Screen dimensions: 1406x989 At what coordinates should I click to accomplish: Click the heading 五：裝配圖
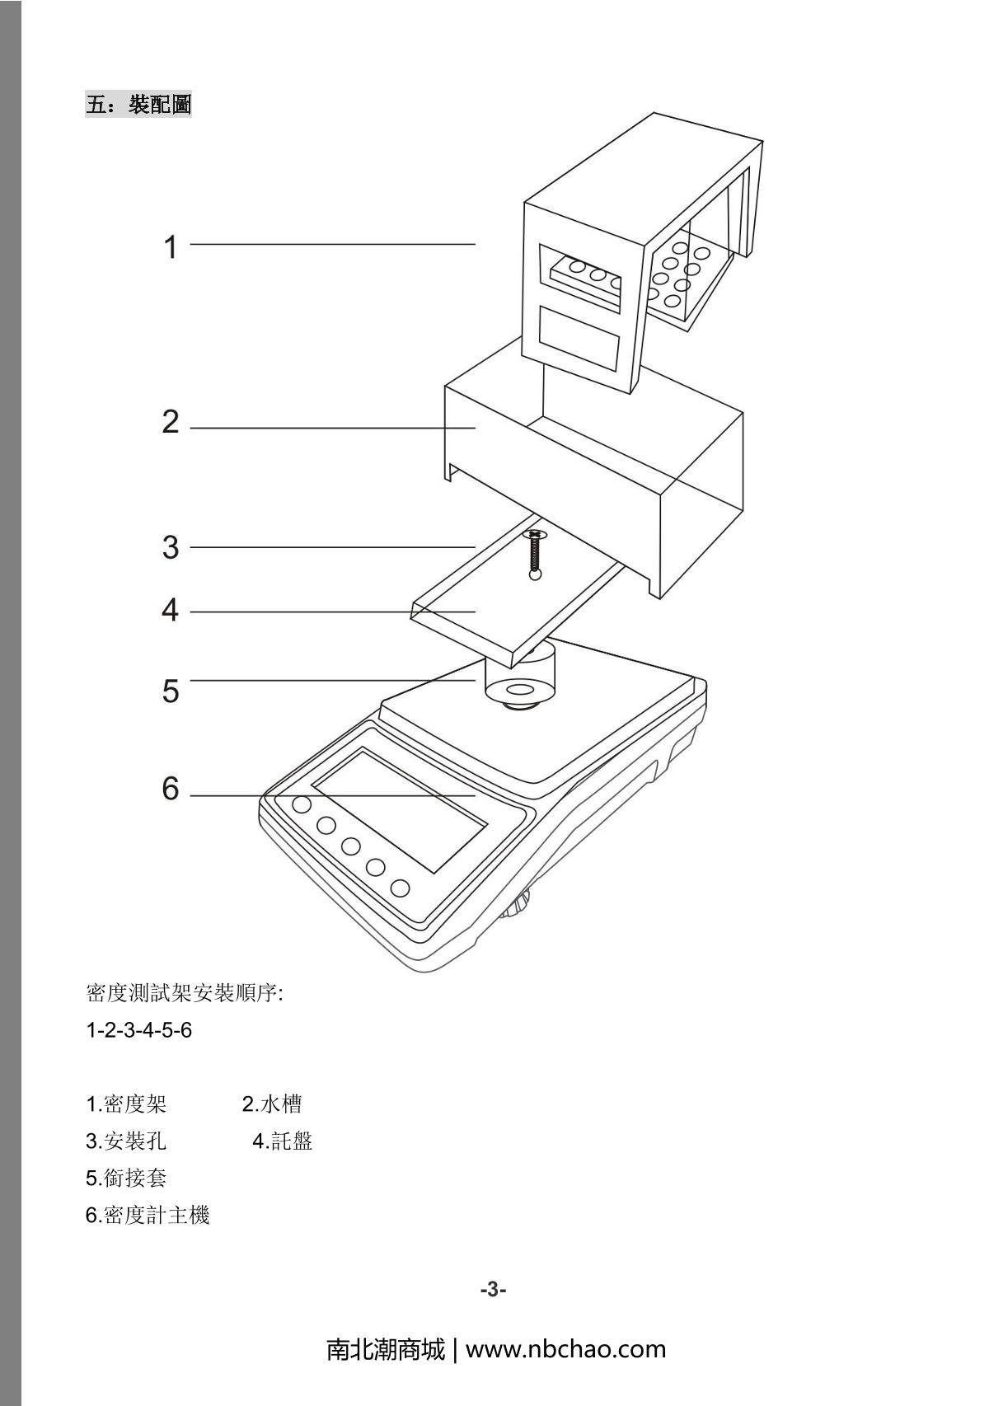point(138,105)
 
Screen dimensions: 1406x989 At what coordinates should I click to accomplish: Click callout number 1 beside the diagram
point(171,246)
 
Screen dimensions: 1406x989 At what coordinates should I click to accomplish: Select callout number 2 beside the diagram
point(171,422)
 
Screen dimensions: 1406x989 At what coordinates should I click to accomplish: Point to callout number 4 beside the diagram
point(171,611)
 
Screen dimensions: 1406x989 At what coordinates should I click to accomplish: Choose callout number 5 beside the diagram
point(171,691)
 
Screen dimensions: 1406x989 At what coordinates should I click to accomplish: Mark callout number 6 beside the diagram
point(171,790)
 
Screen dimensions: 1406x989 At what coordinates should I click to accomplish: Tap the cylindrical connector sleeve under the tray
point(521,681)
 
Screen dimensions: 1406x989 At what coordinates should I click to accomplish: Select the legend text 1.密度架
point(126,1104)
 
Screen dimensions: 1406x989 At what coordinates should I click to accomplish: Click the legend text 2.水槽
point(271,1104)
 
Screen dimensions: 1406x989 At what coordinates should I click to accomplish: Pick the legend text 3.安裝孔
point(126,1141)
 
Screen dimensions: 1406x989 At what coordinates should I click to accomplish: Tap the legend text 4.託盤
point(282,1141)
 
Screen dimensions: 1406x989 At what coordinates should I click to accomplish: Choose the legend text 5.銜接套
point(126,1178)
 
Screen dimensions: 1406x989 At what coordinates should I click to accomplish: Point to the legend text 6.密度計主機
point(148,1215)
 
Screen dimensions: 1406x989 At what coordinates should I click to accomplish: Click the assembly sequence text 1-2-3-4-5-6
point(138,1030)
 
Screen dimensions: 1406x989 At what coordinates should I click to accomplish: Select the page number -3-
point(493,1290)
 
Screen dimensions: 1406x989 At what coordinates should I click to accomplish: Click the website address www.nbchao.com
point(565,1349)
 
